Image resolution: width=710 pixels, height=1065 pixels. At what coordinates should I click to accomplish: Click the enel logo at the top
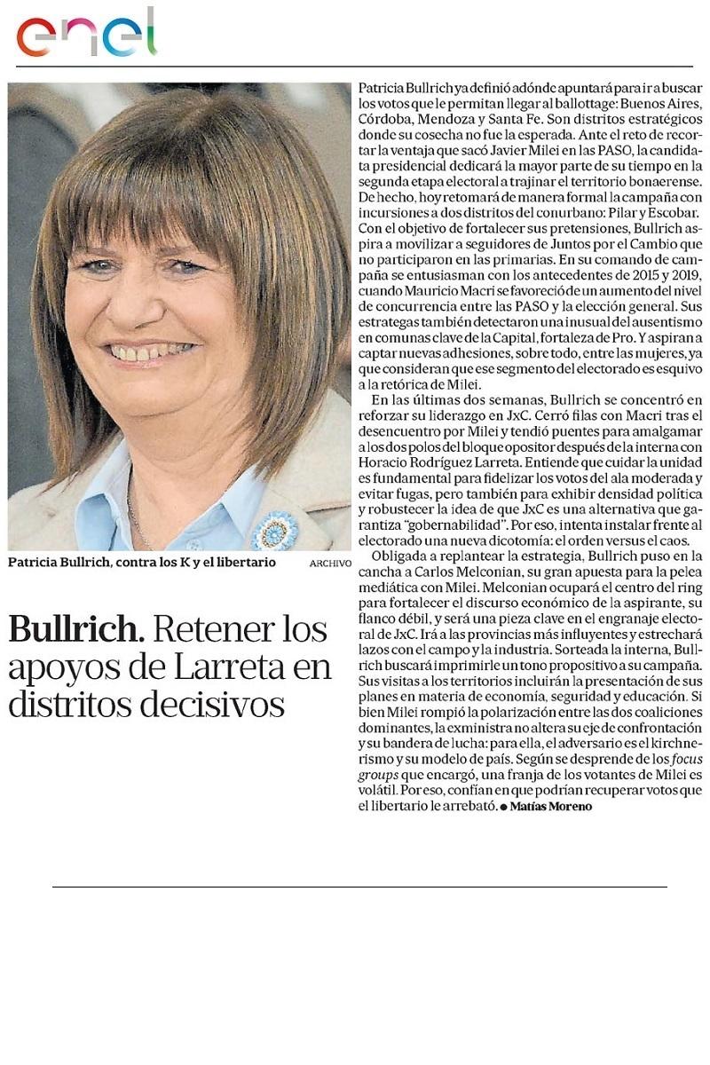(86, 34)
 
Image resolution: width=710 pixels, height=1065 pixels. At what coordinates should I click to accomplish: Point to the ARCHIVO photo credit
(330, 564)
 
